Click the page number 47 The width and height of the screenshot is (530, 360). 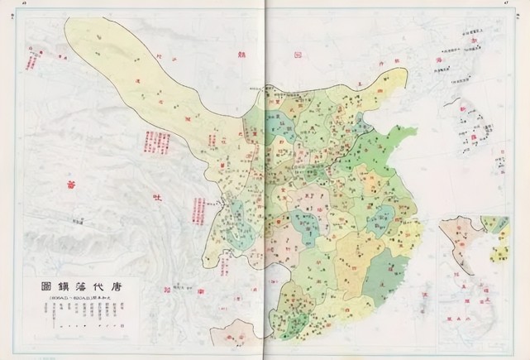pyautogui.click(x=504, y=3)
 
